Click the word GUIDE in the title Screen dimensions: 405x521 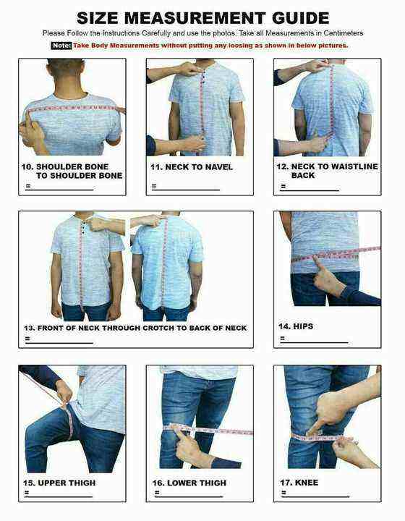pyautogui.click(x=300, y=18)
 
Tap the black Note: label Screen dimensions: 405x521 pyautogui.click(x=61, y=45)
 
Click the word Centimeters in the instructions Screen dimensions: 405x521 pyautogui.click(x=344, y=33)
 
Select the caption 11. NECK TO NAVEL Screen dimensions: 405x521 pyautogui.click(x=192, y=167)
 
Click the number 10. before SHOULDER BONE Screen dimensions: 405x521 pyautogui.click(x=27, y=167)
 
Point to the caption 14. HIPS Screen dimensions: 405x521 pyautogui.click(x=296, y=326)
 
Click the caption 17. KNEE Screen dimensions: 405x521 pyautogui.click(x=299, y=483)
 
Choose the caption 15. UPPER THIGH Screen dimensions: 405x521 pyautogui.click(x=59, y=483)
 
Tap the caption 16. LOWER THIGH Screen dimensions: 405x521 pyautogui.click(x=189, y=483)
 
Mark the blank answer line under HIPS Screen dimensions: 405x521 pyautogui.click(x=314, y=342)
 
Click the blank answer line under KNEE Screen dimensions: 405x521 pyautogui.click(x=316, y=496)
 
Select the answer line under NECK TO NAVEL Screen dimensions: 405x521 pyautogui.click(x=186, y=190)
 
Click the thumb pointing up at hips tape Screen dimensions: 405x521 pyautogui.click(x=317, y=263)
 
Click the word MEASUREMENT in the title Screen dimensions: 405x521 pyautogui.click(x=195, y=18)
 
